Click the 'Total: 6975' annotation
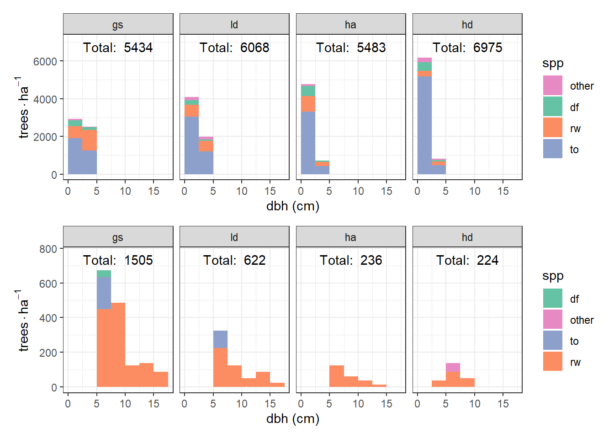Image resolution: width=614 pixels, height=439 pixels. click(x=467, y=48)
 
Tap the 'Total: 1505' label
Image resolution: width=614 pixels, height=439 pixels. click(x=118, y=260)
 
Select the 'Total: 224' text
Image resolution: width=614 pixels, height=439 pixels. click(x=467, y=260)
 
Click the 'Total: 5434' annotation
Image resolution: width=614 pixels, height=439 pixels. click(x=118, y=48)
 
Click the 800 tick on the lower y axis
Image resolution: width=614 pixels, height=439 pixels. click(x=48, y=249)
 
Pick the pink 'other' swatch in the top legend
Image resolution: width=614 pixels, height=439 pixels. click(x=553, y=86)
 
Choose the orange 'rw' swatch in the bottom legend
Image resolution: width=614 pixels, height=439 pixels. click(x=553, y=361)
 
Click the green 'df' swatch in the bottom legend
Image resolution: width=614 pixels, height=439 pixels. click(x=553, y=298)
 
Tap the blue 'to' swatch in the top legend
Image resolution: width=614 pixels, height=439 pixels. click(x=553, y=149)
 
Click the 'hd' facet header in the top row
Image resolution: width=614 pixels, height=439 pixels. click(x=467, y=25)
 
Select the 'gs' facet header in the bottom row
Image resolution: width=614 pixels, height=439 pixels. click(x=118, y=237)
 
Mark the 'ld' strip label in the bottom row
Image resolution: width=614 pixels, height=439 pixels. click(x=234, y=237)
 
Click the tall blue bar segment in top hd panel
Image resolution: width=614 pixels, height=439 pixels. click(x=424, y=126)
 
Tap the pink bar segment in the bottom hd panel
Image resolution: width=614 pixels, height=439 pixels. click(x=453, y=368)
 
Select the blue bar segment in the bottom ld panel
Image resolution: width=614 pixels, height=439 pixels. click(x=220, y=339)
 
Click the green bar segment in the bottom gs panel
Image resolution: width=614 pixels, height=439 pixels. click(x=104, y=273)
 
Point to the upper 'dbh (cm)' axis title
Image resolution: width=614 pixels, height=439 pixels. click(x=292, y=206)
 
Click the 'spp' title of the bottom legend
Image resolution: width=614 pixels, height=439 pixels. click(x=553, y=276)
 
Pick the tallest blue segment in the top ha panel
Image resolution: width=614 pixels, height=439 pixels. click(x=308, y=143)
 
